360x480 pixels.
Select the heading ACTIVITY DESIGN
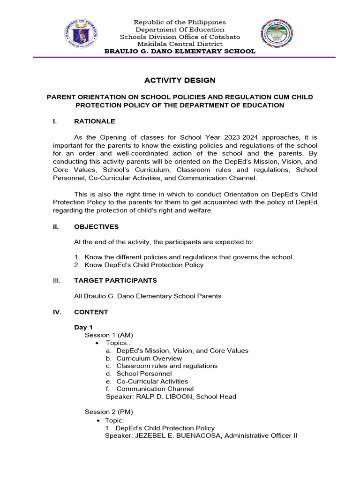(180, 81)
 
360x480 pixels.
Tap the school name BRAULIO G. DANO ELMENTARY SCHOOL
(180, 51)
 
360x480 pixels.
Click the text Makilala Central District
(180, 44)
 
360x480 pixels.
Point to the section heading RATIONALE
(94, 121)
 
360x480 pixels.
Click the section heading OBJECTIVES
(96, 227)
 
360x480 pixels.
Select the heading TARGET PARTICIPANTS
(115, 281)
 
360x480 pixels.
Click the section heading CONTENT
(91, 312)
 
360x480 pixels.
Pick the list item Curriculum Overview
(149, 359)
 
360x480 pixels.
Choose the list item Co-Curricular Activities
(152, 382)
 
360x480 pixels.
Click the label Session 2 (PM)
(109, 412)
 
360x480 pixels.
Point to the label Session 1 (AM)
(109, 335)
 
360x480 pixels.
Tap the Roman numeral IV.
(57, 312)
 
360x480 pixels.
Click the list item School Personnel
(144, 374)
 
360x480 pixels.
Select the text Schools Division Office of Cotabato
(180, 37)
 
